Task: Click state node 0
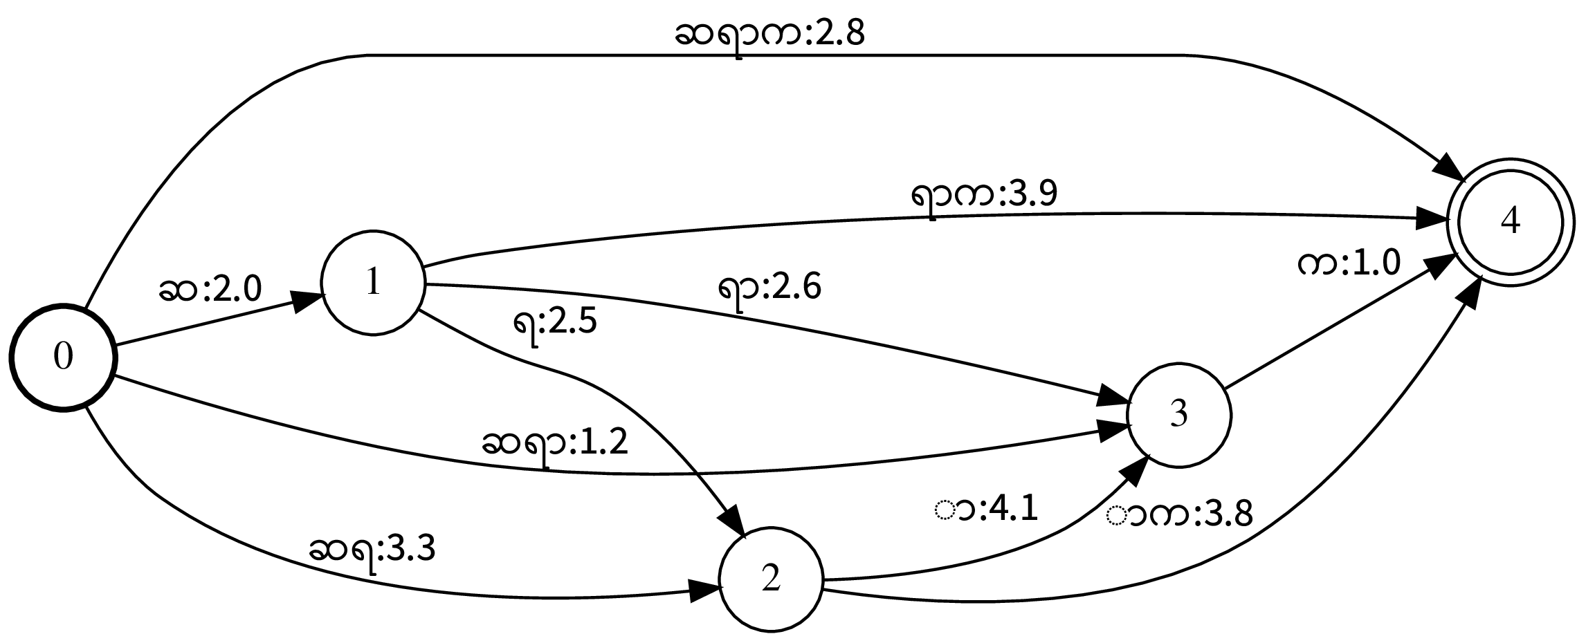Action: (62, 357)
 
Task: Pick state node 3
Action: (1179, 414)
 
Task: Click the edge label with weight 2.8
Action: (769, 35)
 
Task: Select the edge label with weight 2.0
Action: (210, 290)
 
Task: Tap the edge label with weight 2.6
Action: (769, 287)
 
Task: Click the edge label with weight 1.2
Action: (555, 444)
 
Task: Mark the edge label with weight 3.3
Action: (372, 550)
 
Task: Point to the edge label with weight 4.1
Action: (987, 510)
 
